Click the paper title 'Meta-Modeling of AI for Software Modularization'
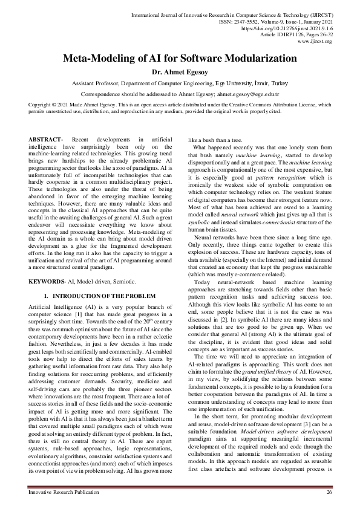[180, 59]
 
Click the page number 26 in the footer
[329, 493]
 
